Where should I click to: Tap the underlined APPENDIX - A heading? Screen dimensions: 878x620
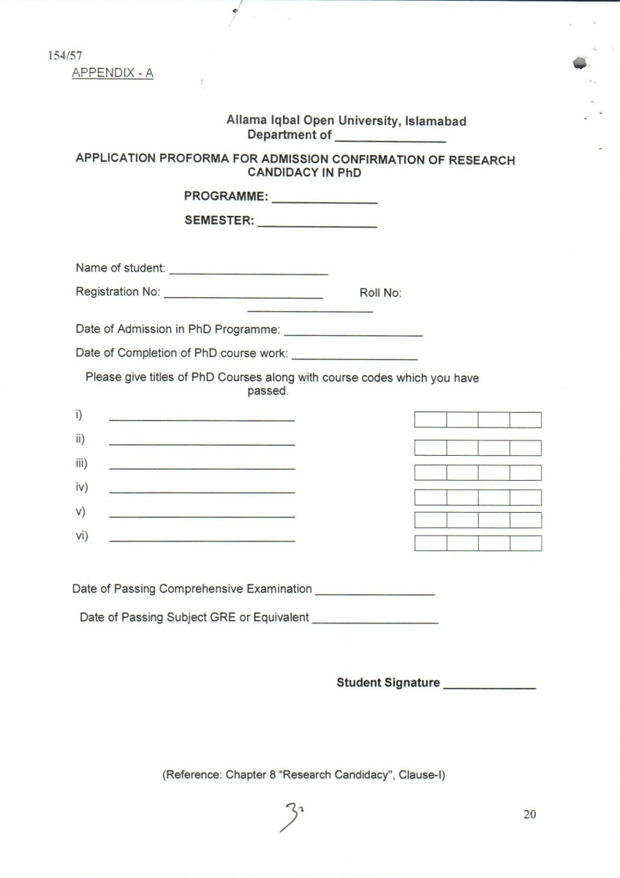coord(113,73)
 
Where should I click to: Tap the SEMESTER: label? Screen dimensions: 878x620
coord(219,222)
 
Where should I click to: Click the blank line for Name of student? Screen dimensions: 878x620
coord(249,274)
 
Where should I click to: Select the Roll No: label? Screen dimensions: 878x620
coord(380,293)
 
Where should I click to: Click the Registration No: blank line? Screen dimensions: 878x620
coord(243,297)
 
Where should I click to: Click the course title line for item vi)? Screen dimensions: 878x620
coord(202,541)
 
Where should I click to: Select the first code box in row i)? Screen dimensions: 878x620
coord(430,420)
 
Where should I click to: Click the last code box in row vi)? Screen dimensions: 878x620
coord(525,544)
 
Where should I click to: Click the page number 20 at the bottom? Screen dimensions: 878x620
coord(530,814)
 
